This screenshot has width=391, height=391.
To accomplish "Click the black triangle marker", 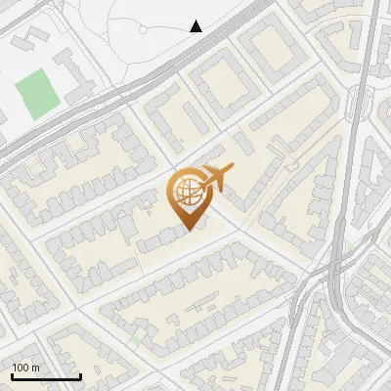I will point(195,26).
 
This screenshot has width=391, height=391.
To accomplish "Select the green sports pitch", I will point(36,94).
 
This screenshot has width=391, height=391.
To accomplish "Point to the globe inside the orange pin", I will point(187,191).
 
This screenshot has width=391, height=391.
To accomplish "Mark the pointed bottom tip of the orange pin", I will point(189,229).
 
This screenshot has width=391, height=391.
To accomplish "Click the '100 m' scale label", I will point(25,368).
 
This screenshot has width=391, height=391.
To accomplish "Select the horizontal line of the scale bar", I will point(46,377).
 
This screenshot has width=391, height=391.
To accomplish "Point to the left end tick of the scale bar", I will point(12,375).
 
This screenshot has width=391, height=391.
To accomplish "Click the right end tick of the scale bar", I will point(80,375).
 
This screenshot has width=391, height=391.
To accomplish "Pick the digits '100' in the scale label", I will point(21,368).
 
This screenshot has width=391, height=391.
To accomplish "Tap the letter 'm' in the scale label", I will point(36,368).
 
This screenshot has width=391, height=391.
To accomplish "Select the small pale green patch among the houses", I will point(138,338).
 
